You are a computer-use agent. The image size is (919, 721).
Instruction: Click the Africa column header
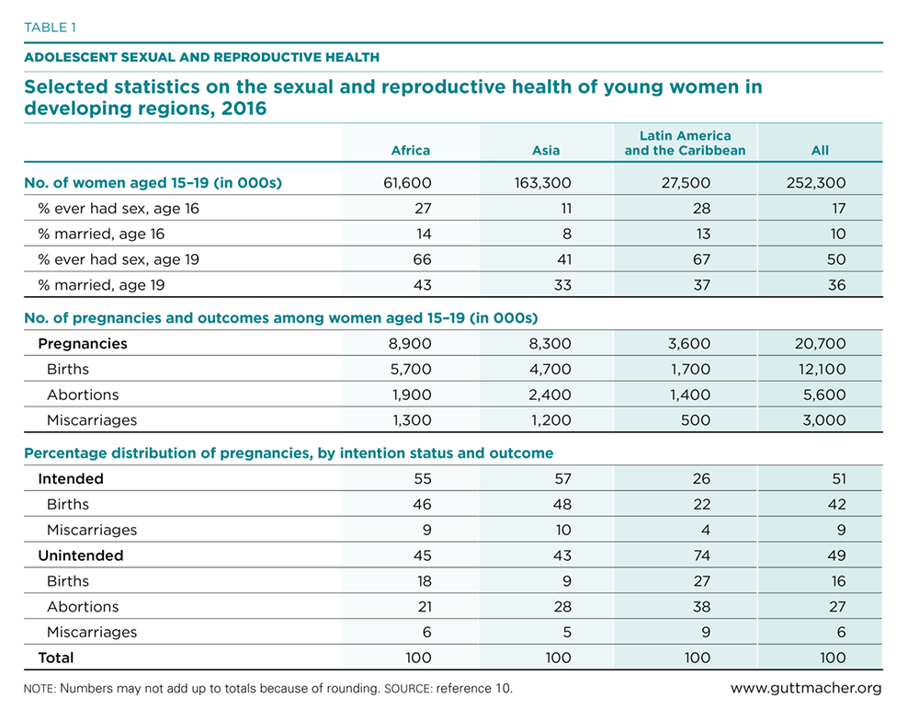[410, 150]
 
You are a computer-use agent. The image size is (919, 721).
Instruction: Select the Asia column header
[546, 150]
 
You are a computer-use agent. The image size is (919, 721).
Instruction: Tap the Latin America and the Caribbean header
[685, 143]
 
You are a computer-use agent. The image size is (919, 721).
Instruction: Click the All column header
[820, 150]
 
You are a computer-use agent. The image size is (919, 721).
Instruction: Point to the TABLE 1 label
[50, 28]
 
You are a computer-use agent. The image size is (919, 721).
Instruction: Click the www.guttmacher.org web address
[806, 688]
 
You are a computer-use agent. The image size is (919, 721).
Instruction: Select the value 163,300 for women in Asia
[543, 183]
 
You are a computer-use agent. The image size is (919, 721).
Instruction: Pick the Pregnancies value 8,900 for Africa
[410, 344]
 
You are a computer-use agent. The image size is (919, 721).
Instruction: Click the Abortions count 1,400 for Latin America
[690, 395]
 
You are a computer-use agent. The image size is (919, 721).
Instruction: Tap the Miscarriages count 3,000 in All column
[824, 420]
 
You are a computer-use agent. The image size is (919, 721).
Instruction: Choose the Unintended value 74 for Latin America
[701, 555]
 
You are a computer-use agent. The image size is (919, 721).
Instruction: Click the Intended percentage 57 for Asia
[562, 479]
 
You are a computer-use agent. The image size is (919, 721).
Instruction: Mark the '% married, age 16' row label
[101, 235]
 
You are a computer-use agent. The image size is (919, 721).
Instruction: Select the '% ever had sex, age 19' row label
[119, 260]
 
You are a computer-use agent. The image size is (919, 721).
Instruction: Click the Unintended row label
[81, 555]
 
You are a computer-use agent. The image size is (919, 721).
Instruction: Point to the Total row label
[56, 658]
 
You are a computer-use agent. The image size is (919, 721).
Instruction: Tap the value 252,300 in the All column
[816, 183]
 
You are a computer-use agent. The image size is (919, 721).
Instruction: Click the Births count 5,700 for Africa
[411, 370]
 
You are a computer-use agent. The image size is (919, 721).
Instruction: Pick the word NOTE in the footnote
[40, 689]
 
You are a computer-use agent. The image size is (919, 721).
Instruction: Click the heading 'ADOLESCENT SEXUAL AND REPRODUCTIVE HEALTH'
[201, 58]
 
